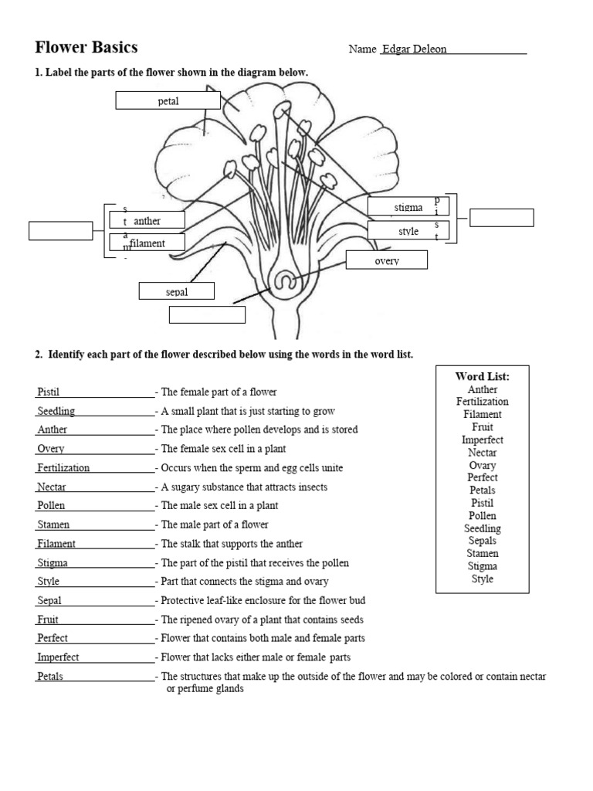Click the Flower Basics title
tap(86, 48)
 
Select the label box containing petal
tap(168, 101)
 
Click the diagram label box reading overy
tap(386, 260)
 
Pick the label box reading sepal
tap(176, 291)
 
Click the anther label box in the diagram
tap(147, 221)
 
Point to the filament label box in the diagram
tap(147, 243)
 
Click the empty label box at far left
tap(60, 230)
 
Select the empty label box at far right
tap(501, 218)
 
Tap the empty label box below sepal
tap(206, 314)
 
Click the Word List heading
tap(483, 376)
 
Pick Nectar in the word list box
tap(483, 453)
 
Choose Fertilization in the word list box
tap(483, 402)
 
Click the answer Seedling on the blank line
tap(56, 411)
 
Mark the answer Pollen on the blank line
tap(51, 505)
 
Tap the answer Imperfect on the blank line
tap(58, 657)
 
